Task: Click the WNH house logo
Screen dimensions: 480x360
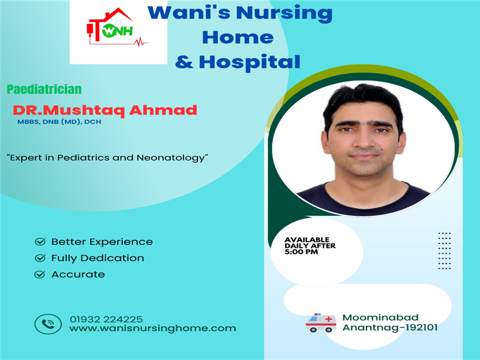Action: pos(117,27)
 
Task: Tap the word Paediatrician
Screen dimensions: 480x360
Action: pos(44,89)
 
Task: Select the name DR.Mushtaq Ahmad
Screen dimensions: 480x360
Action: pos(104,110)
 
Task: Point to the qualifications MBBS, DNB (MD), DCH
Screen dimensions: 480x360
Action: pos(59,122)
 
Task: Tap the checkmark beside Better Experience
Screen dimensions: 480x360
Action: pos(40,242)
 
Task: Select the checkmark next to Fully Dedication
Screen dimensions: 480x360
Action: pos(40,258)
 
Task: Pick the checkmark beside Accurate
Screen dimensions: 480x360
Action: pos(40,274)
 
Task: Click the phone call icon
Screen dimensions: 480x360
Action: pos(48,324)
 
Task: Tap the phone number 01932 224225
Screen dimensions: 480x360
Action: pos(106,319)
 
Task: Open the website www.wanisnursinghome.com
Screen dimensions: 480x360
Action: pos(153,328)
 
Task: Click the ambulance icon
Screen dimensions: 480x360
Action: pos(321,323)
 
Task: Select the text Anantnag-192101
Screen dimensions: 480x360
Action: pos(390,328)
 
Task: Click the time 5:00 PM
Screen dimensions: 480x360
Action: pos(301,252)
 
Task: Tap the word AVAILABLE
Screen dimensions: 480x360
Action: pos(307,239)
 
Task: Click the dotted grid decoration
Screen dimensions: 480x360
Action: pos(445,251)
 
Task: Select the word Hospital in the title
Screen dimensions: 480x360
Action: pos(250,62)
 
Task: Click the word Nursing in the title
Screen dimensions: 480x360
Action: pos(284,13)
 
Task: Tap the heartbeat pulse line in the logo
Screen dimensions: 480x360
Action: pos(141,41)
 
